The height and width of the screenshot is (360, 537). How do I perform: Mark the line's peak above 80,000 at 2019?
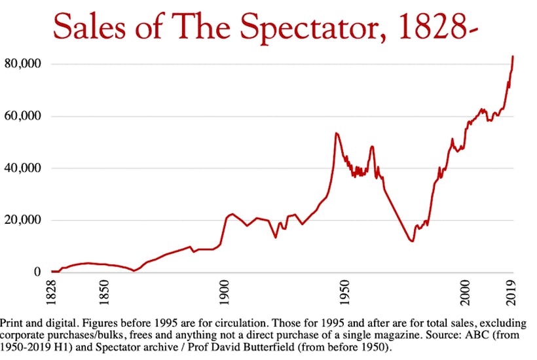[x=513, y=56]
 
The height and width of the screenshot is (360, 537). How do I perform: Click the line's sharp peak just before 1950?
[x=336, y=133]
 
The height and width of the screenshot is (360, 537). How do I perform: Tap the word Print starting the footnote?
[x=14, y=324]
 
